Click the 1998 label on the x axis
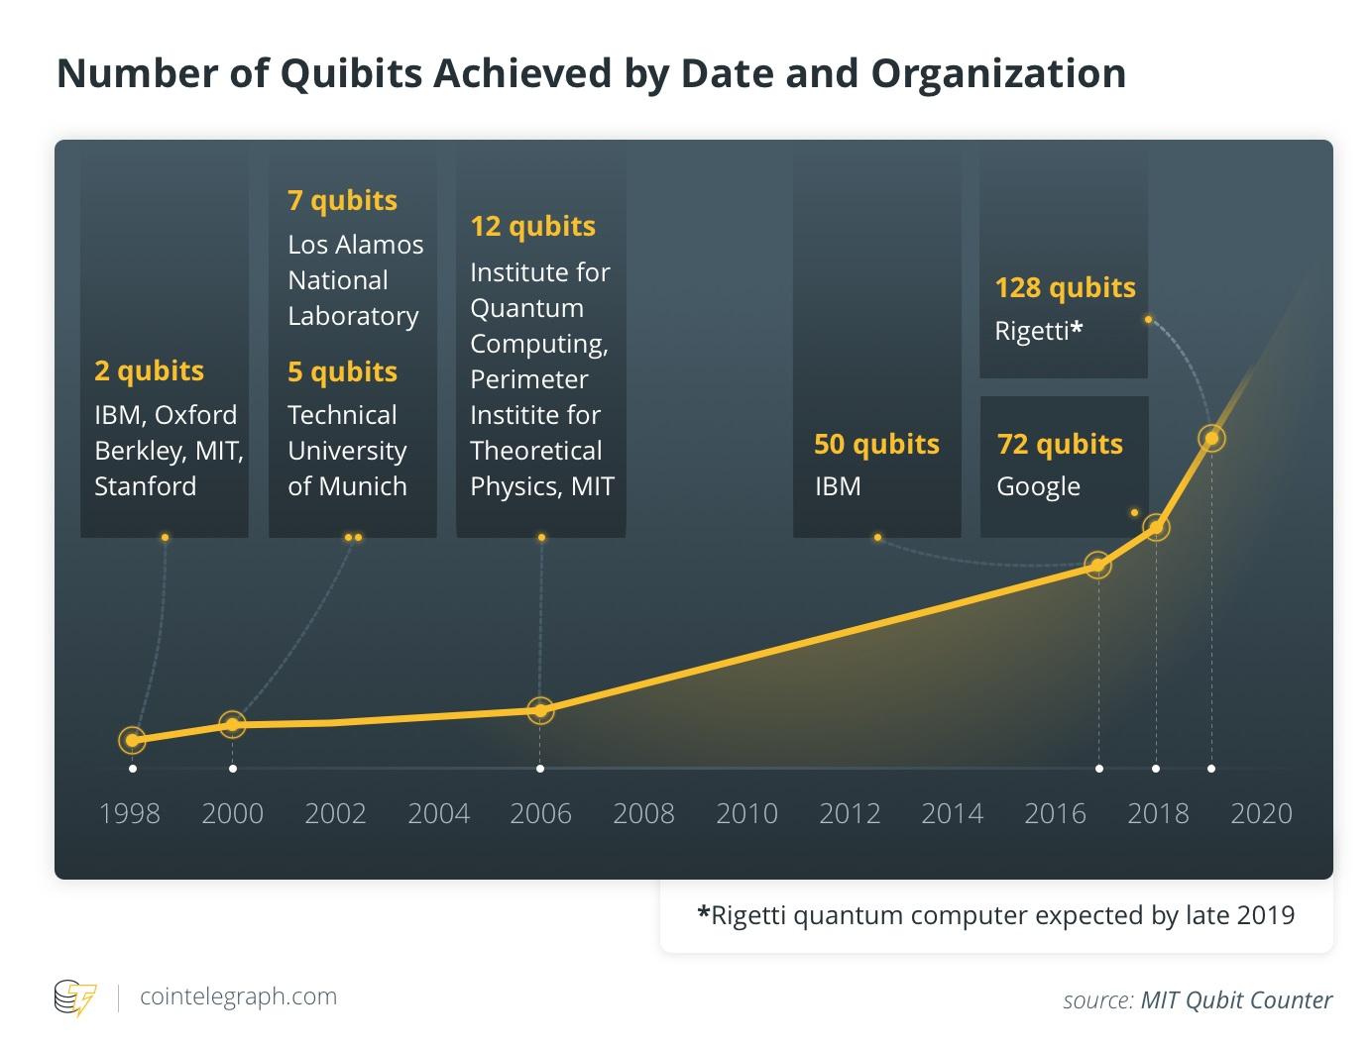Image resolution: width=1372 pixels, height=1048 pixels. pos(130,813)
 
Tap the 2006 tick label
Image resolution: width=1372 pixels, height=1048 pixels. pos(540,813)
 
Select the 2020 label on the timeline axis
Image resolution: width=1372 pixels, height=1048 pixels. pos(1261,813)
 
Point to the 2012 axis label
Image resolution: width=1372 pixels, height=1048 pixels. pos(850,813)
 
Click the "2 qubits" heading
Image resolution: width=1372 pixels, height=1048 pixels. pos(149,370)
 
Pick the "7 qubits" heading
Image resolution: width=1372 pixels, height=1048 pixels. pos(342,200)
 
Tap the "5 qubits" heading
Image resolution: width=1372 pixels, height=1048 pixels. pos(342,371)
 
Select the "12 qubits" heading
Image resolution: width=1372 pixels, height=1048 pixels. pos(532,226)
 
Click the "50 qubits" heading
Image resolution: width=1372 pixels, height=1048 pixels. pos(876,444)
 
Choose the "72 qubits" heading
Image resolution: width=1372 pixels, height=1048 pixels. pos(1060,444)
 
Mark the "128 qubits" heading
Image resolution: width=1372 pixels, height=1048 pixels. pos(1065,287)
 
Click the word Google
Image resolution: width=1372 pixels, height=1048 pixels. pos(1038,486)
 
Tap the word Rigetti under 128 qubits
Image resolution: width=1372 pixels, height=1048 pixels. pos(1031,330)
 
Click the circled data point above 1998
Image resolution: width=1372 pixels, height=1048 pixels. pos(132,740)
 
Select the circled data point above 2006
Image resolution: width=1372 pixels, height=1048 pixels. pos(540,709)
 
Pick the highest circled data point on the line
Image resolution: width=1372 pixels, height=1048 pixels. pos(1211,438)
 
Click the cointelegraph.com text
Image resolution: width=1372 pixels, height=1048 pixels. pos(238,996)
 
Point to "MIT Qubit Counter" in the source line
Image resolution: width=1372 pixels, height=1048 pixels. pos(1236,1000)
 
